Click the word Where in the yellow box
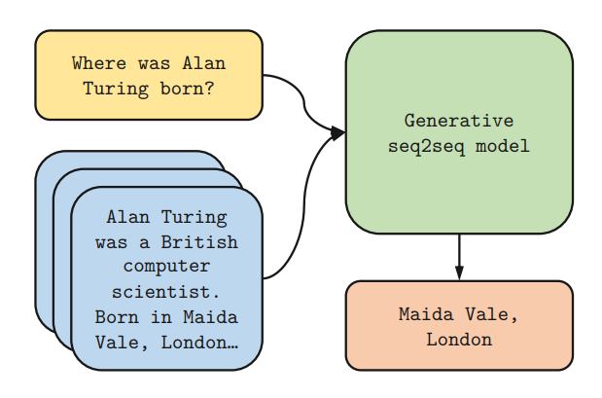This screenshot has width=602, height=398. point(99,64)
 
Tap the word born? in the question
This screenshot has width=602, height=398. point(191,89)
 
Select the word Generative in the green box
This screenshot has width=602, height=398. point(459,122)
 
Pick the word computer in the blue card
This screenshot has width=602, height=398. point(166,266)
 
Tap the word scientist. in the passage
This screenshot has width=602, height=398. point(166,291)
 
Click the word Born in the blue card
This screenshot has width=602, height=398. point(121,316)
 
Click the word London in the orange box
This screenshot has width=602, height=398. point(459,340)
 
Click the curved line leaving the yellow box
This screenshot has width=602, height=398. point(297,92)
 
